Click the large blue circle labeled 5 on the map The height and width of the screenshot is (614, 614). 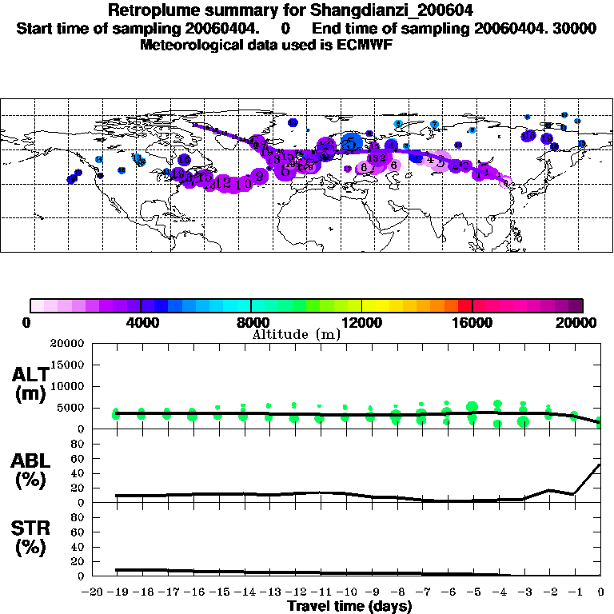click(x=350, y=143)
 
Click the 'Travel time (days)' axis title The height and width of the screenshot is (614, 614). click(x=349, y=607)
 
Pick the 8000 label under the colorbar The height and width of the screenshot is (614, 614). click(x=251, y=323)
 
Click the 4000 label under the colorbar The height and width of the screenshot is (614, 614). click(x=141, y=323)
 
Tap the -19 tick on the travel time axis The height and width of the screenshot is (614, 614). click(x=118, y=592)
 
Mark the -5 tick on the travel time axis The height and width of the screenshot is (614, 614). click(x=473, y=592)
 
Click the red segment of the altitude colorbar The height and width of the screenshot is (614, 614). click(x=465, y=305)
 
